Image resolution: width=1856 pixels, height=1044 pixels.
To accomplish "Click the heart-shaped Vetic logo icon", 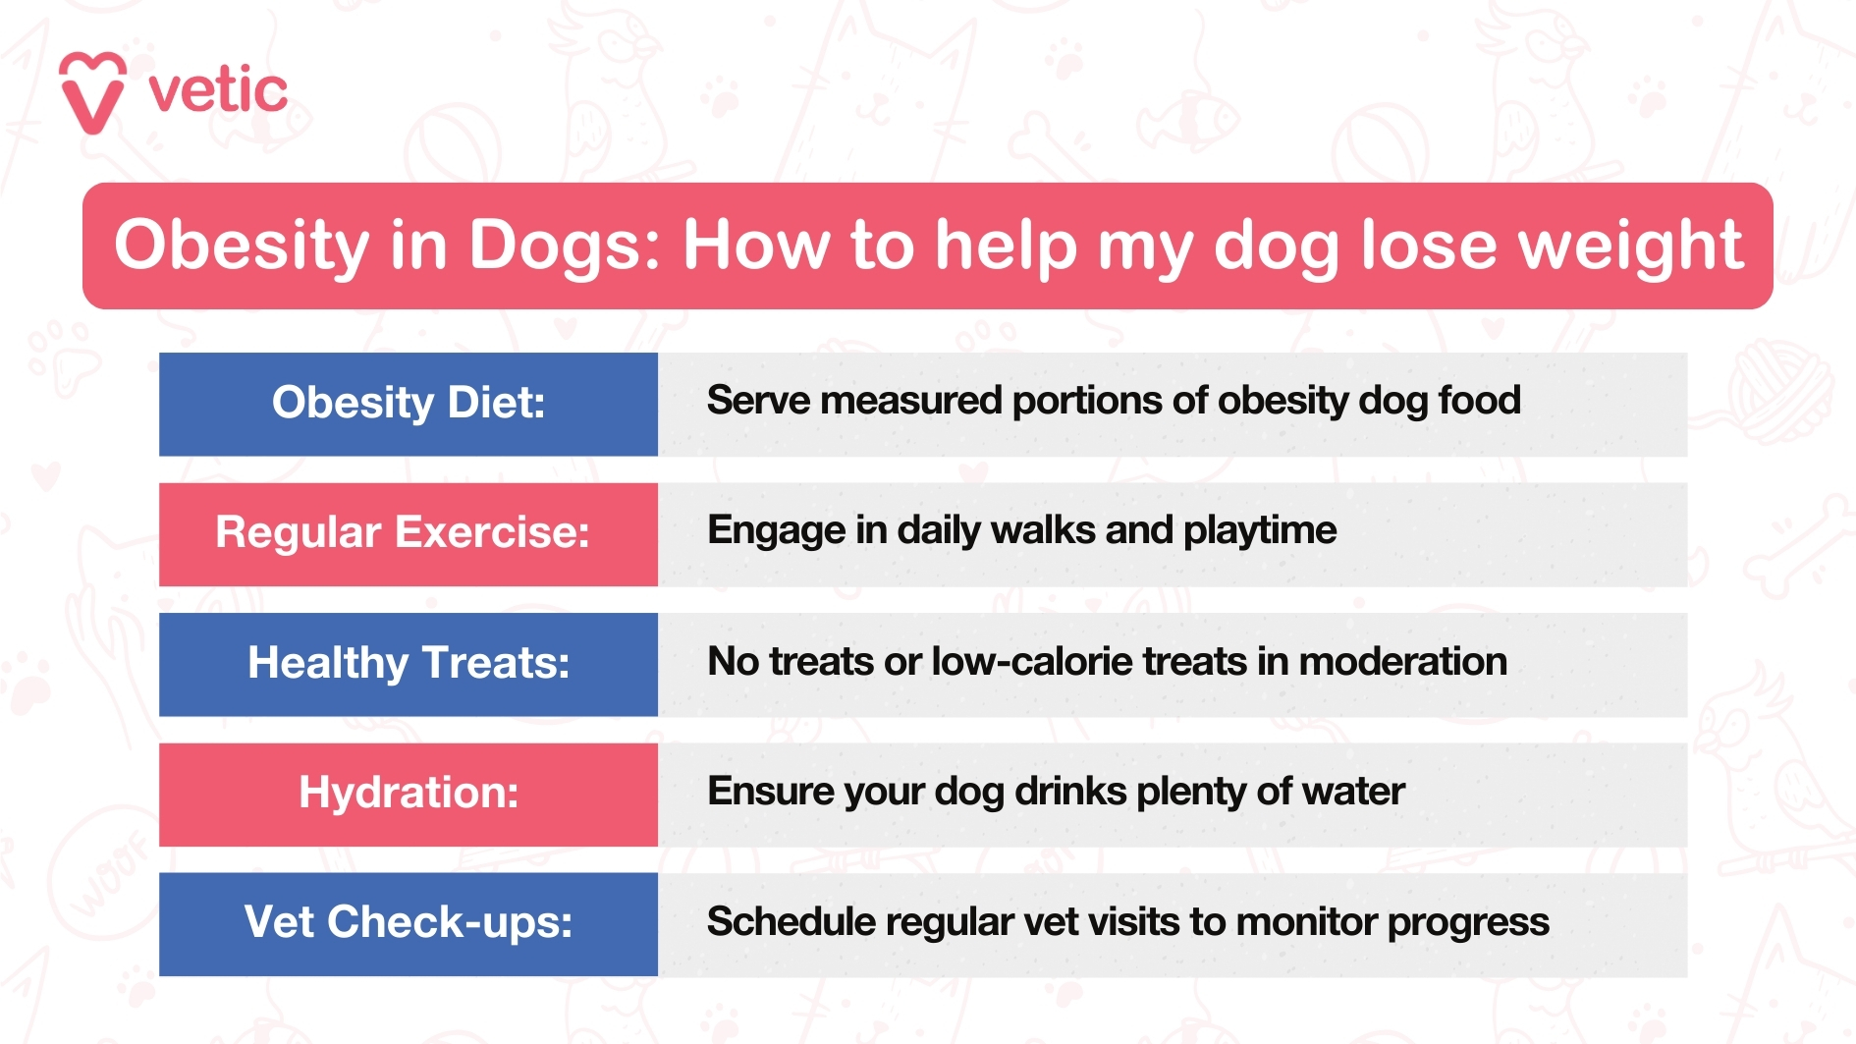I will click(x=92, y=92).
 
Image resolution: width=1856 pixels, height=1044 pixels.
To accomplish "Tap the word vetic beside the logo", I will click(x=218, y=91).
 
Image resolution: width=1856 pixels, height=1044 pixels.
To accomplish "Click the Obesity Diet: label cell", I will click(x=409, y=404).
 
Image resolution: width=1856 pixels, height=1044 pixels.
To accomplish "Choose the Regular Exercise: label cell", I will click(x=409, y=533).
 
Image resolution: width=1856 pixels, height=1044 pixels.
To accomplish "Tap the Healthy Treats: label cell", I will click(x=409, y=664).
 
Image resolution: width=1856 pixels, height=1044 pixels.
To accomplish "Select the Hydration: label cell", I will click(x=409, y=794).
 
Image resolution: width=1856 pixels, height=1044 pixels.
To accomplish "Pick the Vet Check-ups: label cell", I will click(x=409, y=923).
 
